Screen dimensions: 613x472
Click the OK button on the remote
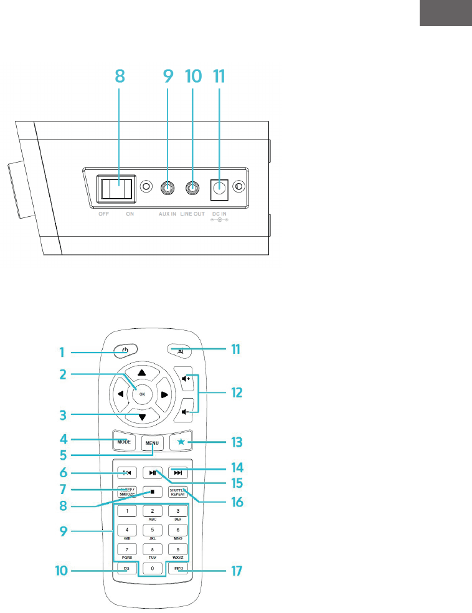click(142, 394)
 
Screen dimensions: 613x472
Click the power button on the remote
click(126, 350)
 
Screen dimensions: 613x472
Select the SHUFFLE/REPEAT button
click(178, 490)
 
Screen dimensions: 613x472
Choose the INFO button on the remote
click(179, 568)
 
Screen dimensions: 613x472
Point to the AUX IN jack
click(167, 187)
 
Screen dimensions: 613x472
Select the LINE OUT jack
click(194, 187)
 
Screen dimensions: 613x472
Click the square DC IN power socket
click(219, 187)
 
